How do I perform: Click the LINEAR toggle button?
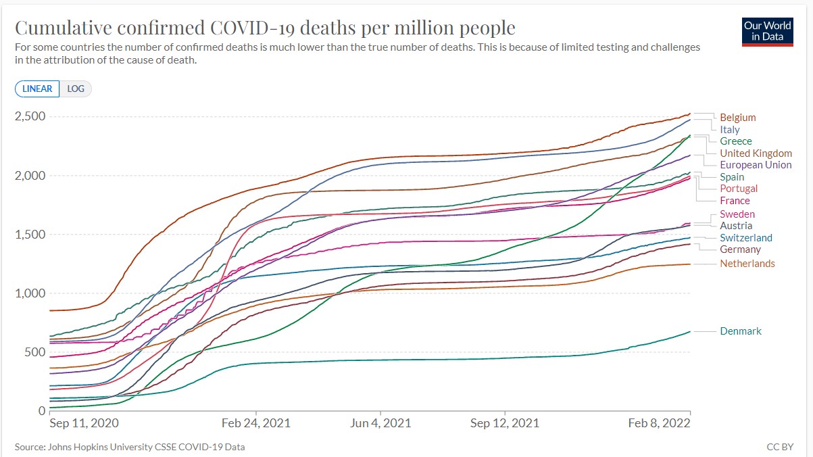[37, 89]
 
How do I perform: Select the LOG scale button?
[75, 89]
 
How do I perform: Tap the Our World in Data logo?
[768, 30]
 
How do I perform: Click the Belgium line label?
[737, 118]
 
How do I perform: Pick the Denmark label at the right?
[740, 331]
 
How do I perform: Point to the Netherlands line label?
[747, 264]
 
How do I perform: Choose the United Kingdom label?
[756, 153]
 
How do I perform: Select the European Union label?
[756, 165]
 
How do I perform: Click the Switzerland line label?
[745, 238]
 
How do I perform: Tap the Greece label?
[735, 141]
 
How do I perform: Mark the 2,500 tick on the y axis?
[30, 116]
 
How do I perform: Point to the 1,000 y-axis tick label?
[30, 293]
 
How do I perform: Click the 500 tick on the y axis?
[35, 352]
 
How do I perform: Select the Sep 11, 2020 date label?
[84, 423]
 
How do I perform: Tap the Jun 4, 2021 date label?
[381, 423]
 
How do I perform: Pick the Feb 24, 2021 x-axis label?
[256, 423]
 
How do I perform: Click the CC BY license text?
[780, 447]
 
